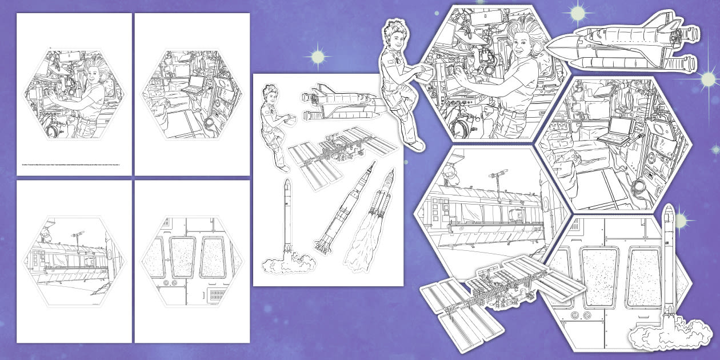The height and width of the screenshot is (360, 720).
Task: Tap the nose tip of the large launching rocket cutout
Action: pos(667,207)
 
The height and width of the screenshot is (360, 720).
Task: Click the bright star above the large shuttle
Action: pos(577,11)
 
